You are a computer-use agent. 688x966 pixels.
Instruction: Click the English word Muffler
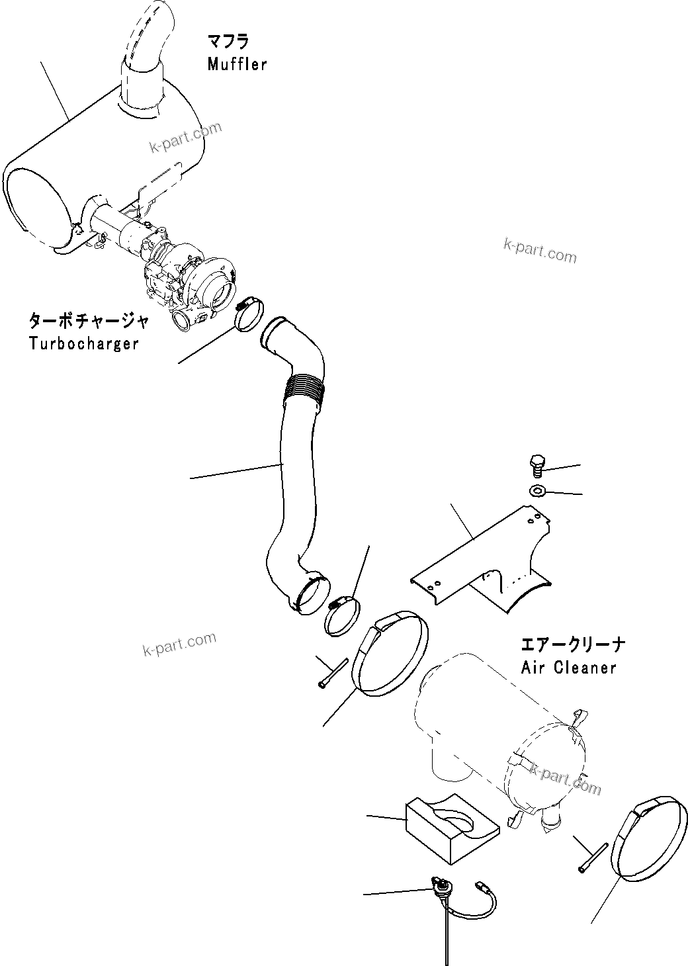[237, 64]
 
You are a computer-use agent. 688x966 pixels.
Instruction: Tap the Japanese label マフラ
[228, 42]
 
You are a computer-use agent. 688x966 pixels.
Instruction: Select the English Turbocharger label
[84, 343]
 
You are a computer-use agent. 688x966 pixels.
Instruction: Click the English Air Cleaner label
[569, 667]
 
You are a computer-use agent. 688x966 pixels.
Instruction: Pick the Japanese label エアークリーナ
[573, 644]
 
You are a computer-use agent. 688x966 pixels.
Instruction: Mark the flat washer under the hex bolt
[537, 491]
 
